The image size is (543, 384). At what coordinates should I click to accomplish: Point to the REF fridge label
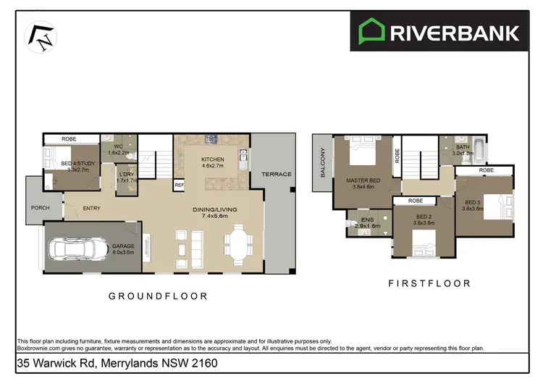(179, 185)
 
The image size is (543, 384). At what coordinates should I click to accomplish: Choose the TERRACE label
(277, 174)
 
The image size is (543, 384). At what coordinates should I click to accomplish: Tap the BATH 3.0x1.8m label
(463, 150)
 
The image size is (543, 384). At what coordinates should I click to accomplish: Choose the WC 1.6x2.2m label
(118, 149)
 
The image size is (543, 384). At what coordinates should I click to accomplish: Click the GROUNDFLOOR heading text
(158, 296)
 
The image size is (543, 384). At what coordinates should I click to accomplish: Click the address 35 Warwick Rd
(117, 362)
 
